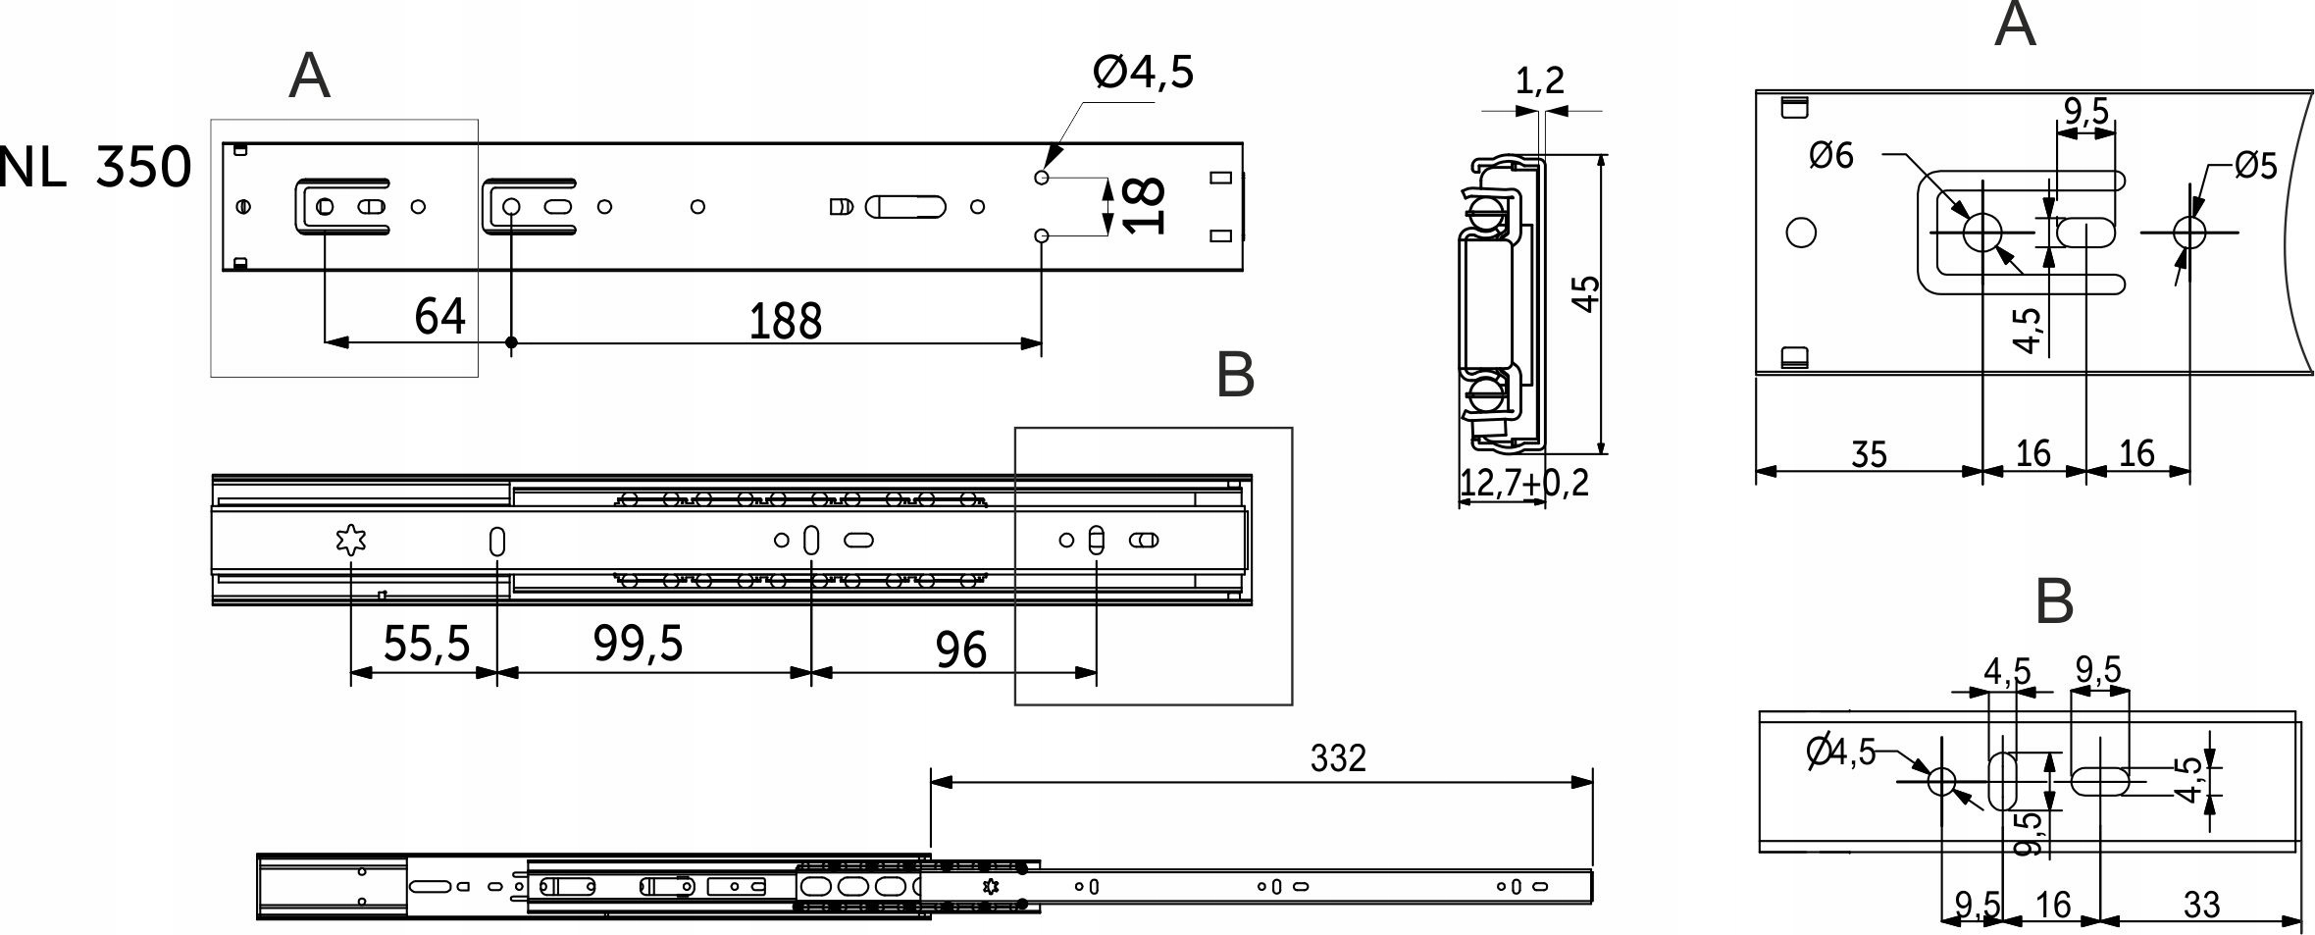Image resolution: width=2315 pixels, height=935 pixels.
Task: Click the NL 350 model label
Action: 95,168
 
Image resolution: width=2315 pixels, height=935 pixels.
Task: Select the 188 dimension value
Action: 785,321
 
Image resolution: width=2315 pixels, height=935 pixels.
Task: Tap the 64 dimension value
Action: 439,316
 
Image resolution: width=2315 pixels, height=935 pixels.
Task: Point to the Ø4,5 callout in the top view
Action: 1144,72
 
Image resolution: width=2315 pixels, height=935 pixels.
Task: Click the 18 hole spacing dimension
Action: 1145,206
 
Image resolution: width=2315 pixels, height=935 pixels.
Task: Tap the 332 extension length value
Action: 1338,758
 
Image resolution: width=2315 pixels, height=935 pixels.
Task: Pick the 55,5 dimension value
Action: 427,644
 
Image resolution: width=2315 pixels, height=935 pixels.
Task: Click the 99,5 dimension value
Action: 638,644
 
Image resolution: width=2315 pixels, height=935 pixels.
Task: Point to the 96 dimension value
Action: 960,649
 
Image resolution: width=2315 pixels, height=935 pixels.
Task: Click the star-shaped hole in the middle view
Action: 350,541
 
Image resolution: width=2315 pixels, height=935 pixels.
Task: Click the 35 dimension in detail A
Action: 1869,455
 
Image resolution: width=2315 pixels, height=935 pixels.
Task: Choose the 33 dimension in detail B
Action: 2201,904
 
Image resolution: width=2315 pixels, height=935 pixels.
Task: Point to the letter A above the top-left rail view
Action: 309,76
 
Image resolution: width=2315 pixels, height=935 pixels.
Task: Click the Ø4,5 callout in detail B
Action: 1840,753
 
